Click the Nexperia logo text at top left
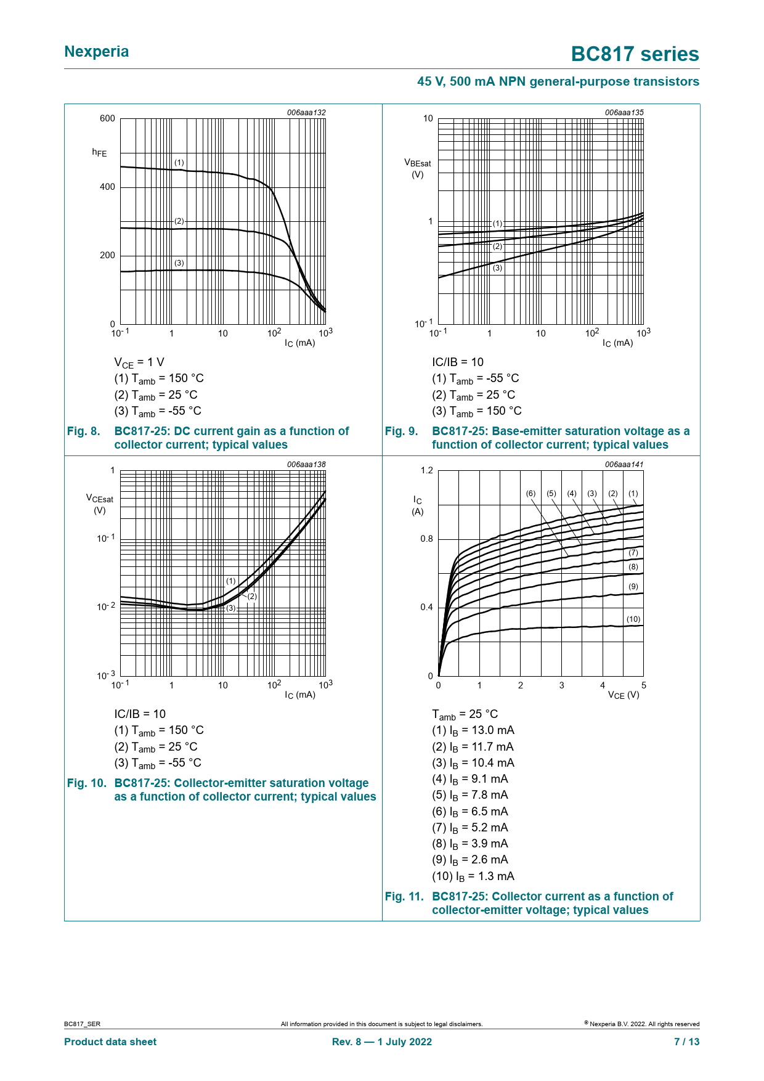97,52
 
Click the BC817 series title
635,54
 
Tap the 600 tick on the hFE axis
107,118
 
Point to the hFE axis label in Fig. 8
99,152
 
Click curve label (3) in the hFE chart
179,263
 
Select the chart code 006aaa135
624,113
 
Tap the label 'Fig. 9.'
401,431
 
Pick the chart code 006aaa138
306,465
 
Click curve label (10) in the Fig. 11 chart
633,619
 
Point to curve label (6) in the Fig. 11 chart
530,494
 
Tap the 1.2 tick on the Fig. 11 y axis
426,471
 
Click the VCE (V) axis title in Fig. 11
624,695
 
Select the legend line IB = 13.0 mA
473,730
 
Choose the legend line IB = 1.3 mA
473,876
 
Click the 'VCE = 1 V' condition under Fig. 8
139,362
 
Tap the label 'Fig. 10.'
86,783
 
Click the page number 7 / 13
686,1042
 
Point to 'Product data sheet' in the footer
110,1042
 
